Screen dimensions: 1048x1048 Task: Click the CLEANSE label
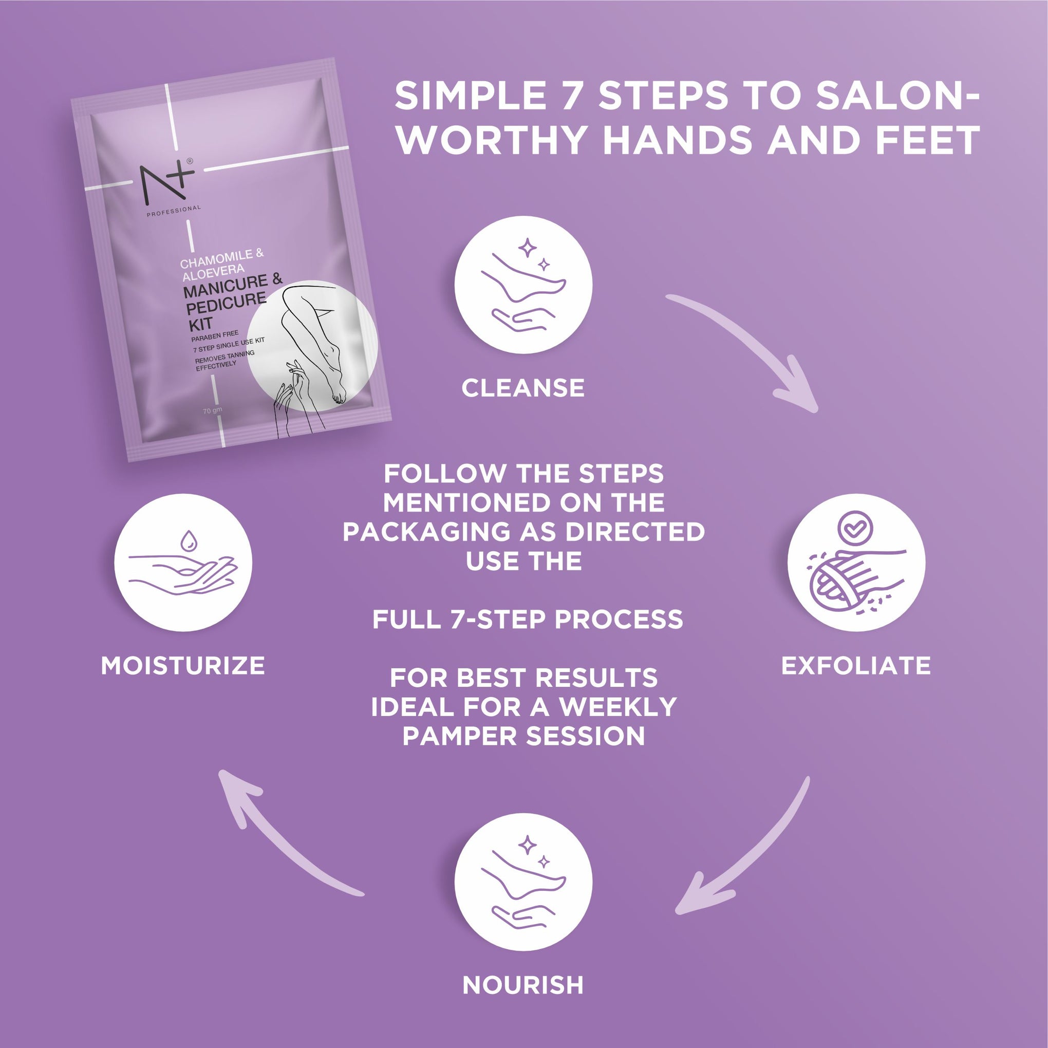click(x=523, y=388)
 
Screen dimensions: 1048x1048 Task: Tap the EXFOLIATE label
click(x=856, y=666)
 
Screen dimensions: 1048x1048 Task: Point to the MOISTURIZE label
click(x=183, y=666)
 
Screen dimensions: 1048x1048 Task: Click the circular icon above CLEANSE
click(x=523, y=285)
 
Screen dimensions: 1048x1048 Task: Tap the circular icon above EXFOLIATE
click(x=856, y=563)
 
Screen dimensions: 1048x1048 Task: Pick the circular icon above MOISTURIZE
click(x=183, y=563)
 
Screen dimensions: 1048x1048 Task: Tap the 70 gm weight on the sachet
click(x=213, y=410)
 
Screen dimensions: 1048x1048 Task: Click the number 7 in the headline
click(x=571, y=96)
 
